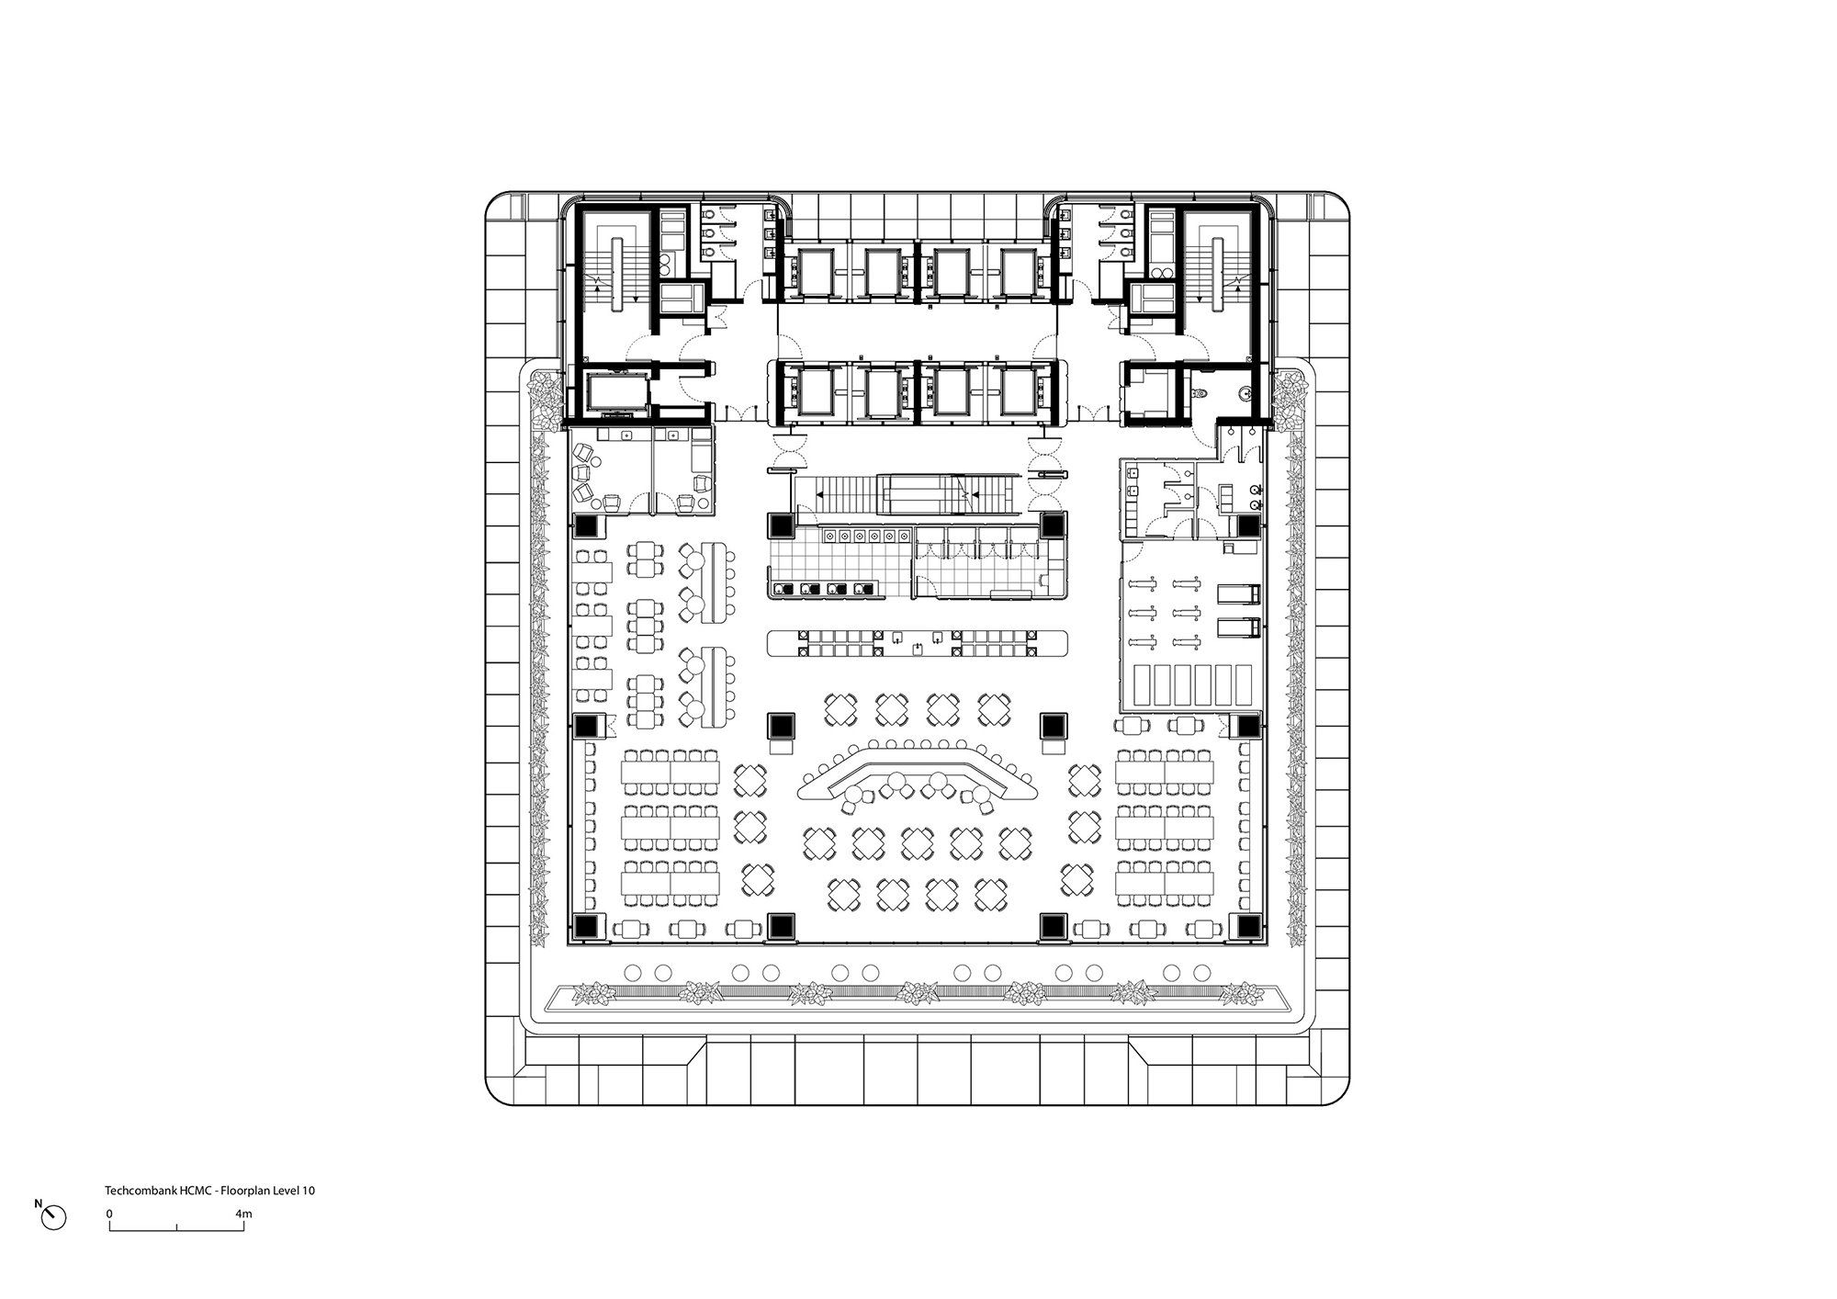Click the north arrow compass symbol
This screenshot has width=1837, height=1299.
tap(54, 1217)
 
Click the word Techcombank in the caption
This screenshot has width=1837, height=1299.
tap(136, 1190)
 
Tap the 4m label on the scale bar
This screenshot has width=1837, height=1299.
tap(243, 1214)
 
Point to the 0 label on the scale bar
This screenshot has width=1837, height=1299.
tap(109, 1214)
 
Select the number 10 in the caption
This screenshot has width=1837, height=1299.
tap(310, 1190)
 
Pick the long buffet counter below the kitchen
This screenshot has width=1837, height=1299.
tap(918, 642)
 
